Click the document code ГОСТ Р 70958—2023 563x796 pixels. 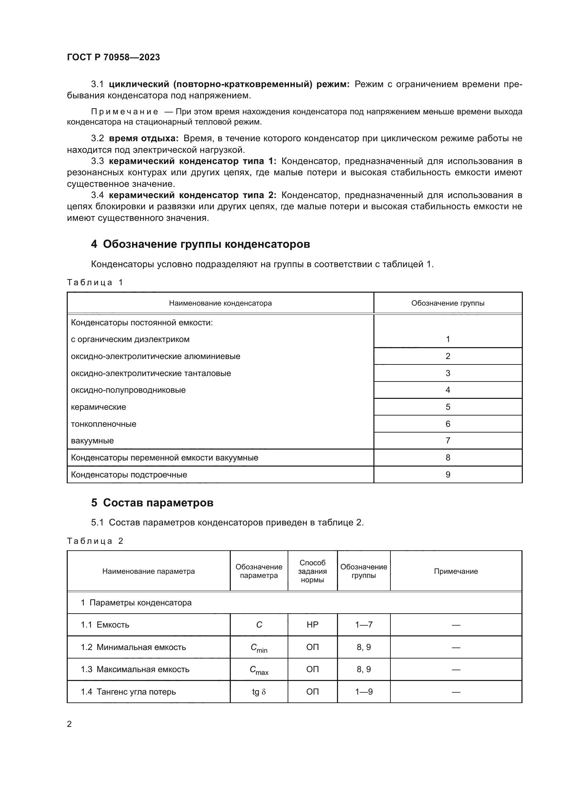(113, 57)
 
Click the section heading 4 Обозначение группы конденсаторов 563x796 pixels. (200, 244)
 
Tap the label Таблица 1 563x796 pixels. (95, 282)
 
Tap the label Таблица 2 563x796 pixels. (95, 541)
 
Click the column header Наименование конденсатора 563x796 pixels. (220, 303)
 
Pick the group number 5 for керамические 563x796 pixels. (448, 407)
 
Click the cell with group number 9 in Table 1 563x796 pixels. (448, 475)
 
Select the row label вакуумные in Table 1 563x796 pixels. (92, 441)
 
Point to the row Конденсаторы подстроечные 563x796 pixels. (129, 475)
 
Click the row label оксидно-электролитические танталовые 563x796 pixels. (151, 373)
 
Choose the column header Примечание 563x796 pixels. (455, 571)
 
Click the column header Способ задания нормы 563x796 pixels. (312, 571)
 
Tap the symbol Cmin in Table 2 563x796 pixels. (259, 648)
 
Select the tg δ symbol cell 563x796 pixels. (259, 692)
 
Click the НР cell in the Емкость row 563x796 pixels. (312, 625)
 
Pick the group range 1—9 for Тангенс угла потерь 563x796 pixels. (363, 692)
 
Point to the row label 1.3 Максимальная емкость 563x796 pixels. (135, 669)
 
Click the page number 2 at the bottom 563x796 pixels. (69, 724)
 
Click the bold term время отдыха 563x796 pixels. (144, 138)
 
